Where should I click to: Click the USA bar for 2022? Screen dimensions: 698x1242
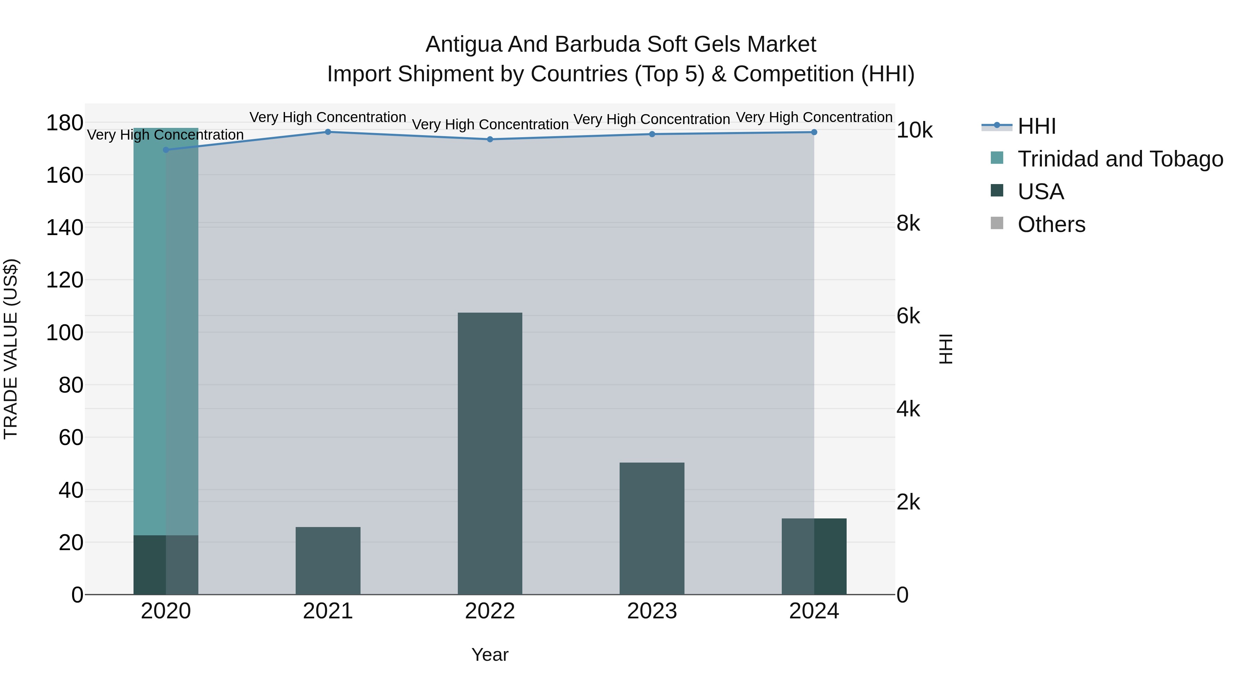pyautogui.click(x=490, y=453)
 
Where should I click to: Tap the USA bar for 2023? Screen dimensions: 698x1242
pyautogui.click(x=652, y=528)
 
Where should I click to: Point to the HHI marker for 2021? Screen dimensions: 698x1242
pyautogui.click(x=328, y=132)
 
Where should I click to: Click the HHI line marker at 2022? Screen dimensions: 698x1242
pyautogui.click(x=490, y=139)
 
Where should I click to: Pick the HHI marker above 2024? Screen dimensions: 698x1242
pyautogui.click(x=814, y=132)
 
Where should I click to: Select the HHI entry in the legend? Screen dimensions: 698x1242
pyautogui.click(x=1037, y=126)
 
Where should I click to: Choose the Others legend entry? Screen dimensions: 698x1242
pyautogui.click(x=1051, y=224)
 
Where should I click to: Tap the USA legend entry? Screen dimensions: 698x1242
pyautogui.click(x=1041, y=192)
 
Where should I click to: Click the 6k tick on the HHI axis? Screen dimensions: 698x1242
pyautogui.click(x=908, y=316)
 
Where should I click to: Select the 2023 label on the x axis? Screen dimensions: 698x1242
pyautogui.click(x=652, y=611)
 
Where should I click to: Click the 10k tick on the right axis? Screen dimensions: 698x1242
pyautogui.click(x=914, y=131)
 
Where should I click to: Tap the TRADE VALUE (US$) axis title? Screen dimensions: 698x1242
pyautogui.click(x=11, y=349)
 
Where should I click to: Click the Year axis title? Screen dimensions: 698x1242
pyautogui.click(x=490, y=655)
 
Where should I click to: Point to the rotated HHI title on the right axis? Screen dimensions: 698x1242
pyautogui.click(x=946, y=349)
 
